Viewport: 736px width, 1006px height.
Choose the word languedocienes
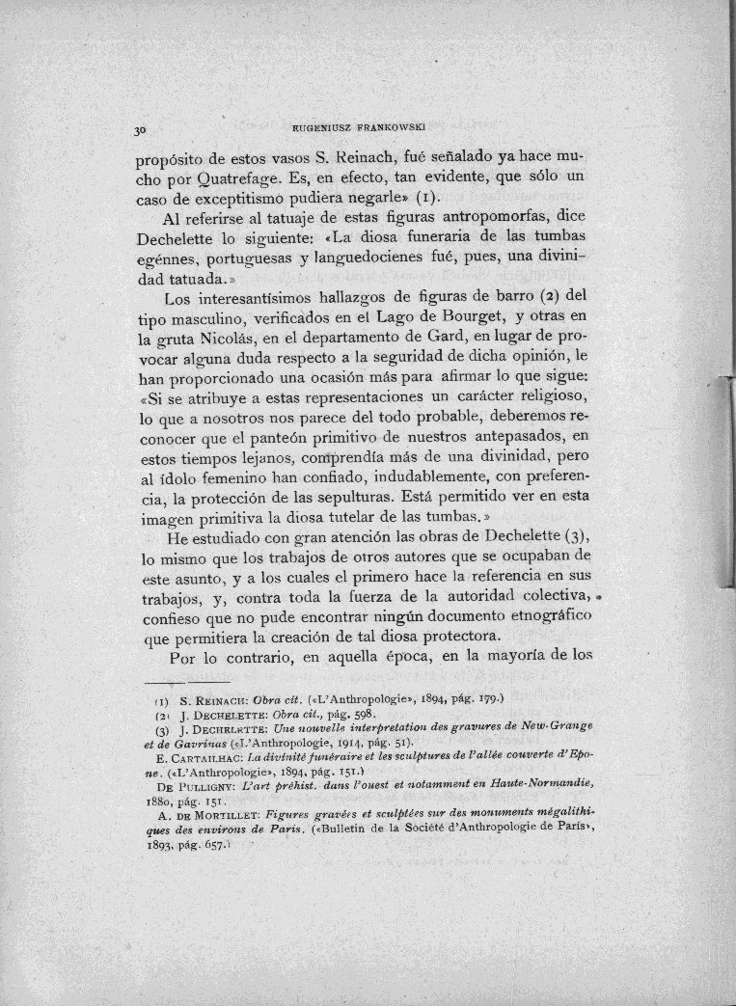[387, 259]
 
